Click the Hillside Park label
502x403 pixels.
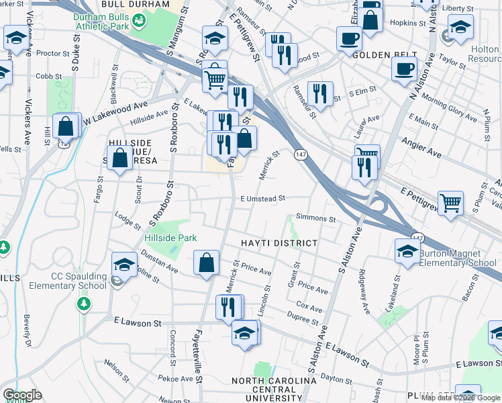[170, 238]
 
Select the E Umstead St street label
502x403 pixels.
[263, 198]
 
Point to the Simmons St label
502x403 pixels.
[315, 218]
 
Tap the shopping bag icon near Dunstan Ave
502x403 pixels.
[207, 263]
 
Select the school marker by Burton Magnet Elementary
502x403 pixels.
[407, 251]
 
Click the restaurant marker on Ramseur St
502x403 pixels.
[319, 93]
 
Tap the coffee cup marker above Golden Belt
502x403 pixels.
[348, 39]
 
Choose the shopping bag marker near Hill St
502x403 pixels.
[66, 126]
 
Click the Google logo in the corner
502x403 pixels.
[22, 395]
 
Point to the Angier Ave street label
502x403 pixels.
[421, 147]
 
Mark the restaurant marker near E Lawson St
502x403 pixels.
[229, 307]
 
